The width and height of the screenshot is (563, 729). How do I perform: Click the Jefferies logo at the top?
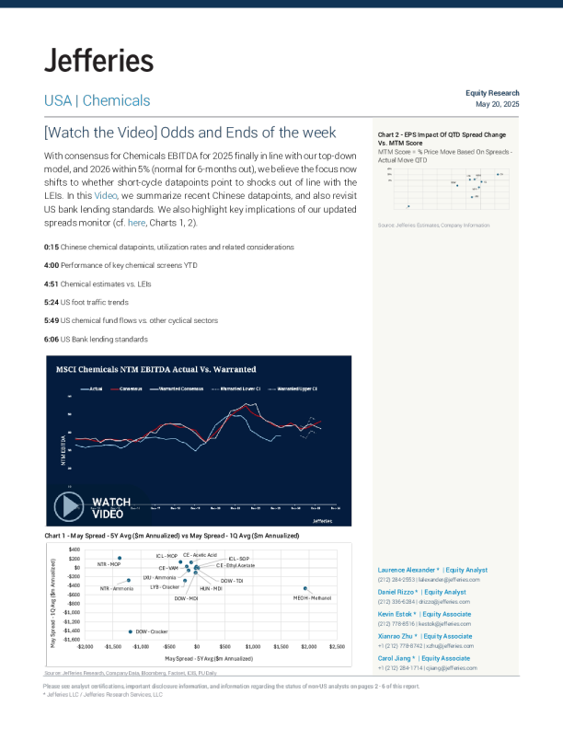[98, 62]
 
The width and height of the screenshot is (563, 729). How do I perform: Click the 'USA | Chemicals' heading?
[97, 100]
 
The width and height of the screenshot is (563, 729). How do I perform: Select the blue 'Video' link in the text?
[106, 196]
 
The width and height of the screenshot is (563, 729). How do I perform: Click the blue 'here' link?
[136, 223]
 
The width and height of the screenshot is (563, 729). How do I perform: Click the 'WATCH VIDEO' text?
[111, 507]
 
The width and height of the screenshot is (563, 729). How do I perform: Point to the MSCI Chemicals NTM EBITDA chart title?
[156, 369]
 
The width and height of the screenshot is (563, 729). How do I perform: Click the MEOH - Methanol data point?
[305, 588]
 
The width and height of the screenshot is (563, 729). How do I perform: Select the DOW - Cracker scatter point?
[130, 631]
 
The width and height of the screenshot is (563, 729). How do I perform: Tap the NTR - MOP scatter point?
[120, 558]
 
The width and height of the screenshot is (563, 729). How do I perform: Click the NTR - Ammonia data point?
[129, 580]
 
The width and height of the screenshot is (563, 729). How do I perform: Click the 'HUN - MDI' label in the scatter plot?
[211, 587]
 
